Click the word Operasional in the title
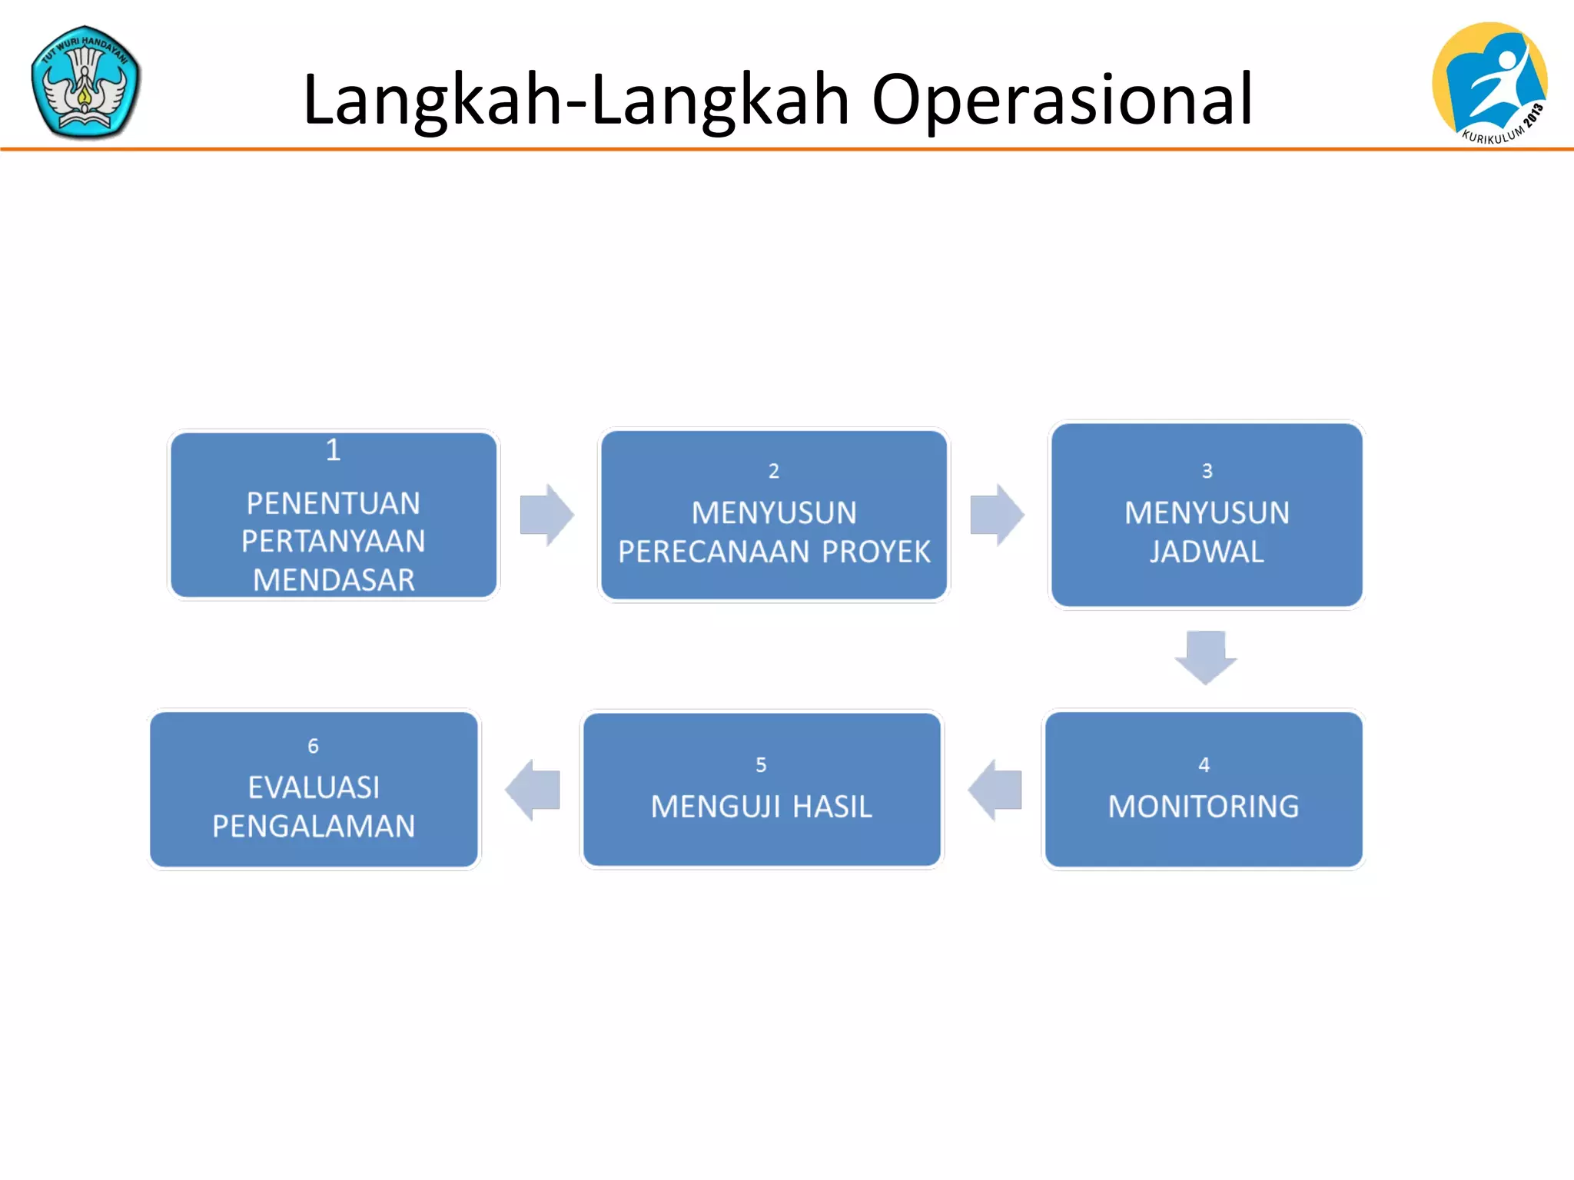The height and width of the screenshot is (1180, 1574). click(x=1061, y=100)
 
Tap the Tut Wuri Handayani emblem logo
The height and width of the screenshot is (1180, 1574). click(x=85, y=82)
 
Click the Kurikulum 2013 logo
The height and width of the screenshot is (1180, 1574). click(x=1490, y=82)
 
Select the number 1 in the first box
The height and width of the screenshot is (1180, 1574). click(x=333, y=450)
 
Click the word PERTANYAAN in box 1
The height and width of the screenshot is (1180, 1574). click(x=333, y=542)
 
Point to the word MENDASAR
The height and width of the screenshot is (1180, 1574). click(x=334, y=580)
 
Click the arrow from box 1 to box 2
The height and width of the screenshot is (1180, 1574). click(x=546, y=515)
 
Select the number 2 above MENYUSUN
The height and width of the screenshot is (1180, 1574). click(x=774, y=471)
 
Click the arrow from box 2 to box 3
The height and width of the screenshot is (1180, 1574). click(x=997, y=515)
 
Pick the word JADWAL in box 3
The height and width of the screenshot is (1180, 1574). click(x=1207, y=552)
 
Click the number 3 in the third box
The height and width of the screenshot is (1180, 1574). click(x=1207, y=471)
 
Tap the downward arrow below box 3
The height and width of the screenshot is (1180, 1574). click(x=1205, y=657)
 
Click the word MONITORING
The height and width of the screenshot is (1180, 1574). click(x=1204, y=807)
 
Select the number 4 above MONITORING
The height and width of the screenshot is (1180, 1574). click(x=1204, y=765)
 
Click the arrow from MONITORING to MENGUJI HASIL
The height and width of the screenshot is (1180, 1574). click(x=995, y=790)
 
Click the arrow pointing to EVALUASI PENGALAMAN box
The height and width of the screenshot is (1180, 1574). click(x=533, y=790)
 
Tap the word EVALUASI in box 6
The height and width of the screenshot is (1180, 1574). click(x=314, y=787)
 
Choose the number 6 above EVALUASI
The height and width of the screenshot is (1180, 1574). click(x=313, y=746)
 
